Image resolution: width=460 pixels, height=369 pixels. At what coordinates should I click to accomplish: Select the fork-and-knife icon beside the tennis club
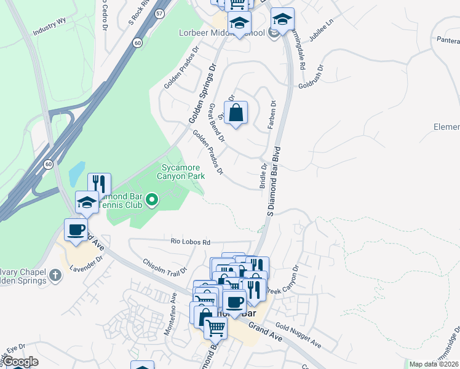click(x=99, y=184)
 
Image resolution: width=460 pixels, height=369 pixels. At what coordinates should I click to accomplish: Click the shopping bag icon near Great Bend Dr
click(x=236, y=113)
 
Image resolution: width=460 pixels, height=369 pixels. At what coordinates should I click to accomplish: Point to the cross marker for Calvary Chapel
click(x=55, y=274)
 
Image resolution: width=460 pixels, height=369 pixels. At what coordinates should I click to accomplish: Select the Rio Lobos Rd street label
click(x=191, y=242)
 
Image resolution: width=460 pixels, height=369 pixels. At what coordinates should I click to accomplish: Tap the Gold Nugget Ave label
click(x=298, y=335)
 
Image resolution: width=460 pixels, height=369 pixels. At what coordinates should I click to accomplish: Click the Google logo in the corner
click(x=20, y=362)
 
